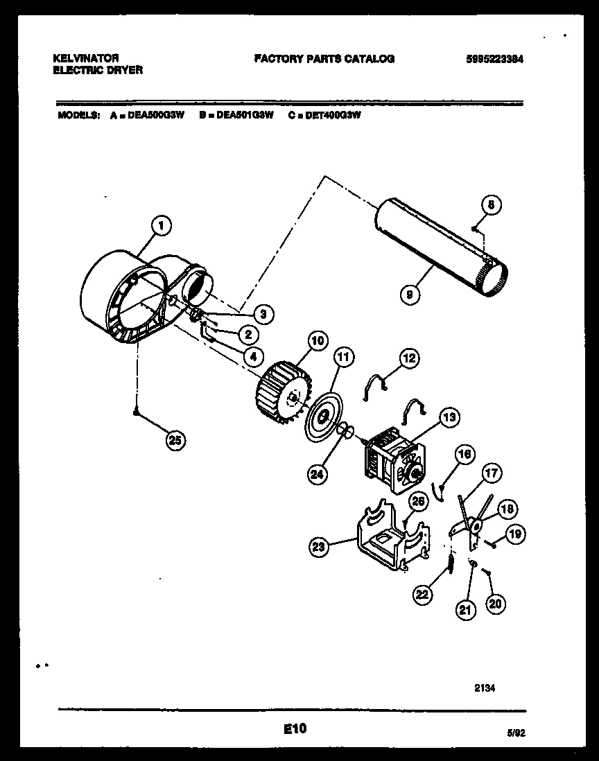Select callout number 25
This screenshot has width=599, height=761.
[x=176, y=440]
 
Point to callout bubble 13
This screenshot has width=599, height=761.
[x=449, y=418]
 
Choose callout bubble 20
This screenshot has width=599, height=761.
[x=495, y=604]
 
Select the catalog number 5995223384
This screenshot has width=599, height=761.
[x=495, y=60]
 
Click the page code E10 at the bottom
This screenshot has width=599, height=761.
[x=295, y=728]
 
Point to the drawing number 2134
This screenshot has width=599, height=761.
[x=485, y=688]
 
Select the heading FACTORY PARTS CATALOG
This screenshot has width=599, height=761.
[x=324, y=60]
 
